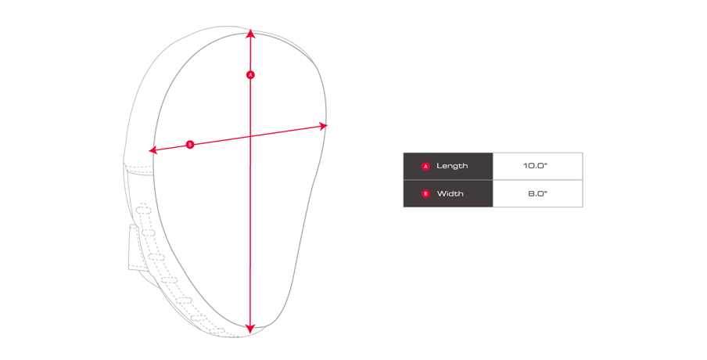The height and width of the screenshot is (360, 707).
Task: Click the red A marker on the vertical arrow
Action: [x=251, y=74]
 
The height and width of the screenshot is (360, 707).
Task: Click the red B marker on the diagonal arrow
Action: [x=190, y=144]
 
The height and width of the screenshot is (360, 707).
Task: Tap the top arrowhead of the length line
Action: [x=251, y=33]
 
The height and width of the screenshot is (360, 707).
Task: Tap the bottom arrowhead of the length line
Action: [x=250, y=329]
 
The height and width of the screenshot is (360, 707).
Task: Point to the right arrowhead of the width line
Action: [x=324, y=126]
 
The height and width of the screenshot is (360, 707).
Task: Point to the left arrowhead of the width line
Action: [x=153, y=149]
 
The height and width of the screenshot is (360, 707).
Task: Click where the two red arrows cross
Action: [x=251, y=136]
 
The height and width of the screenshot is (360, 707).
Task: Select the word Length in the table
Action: [x=452, y=166]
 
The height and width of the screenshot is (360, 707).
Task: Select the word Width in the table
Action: [x=450, y=193]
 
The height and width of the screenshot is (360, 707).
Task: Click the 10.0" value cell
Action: [x=537, y=166]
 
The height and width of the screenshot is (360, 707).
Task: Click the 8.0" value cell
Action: [x=537, y=193]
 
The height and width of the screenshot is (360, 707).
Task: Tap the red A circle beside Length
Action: [x=425, y=167]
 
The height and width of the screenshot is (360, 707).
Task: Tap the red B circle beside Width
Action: [x=425, y=193]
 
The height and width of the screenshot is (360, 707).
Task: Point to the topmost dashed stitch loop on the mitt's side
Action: [x=143, y=208]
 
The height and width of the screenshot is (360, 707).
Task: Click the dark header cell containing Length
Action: [x=448, y=166]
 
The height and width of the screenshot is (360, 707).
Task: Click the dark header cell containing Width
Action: [x=448, y=193]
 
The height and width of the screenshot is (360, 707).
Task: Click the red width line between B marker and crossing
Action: [x=221, y=140]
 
